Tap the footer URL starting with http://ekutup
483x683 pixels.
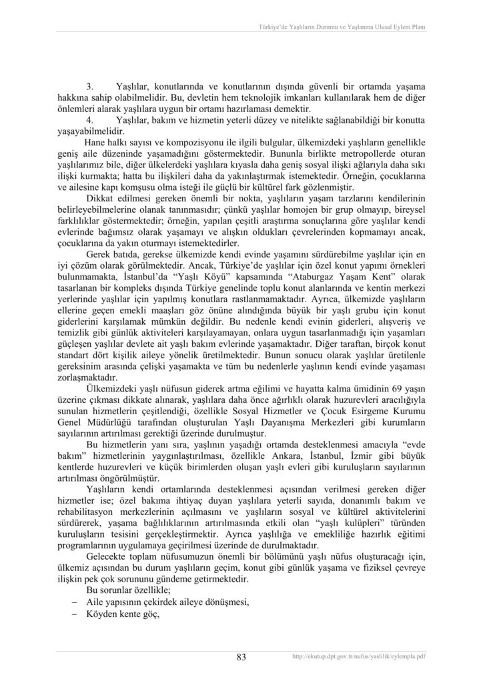[x=360, y=657]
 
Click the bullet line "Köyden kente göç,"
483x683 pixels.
[x=126, y=615]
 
